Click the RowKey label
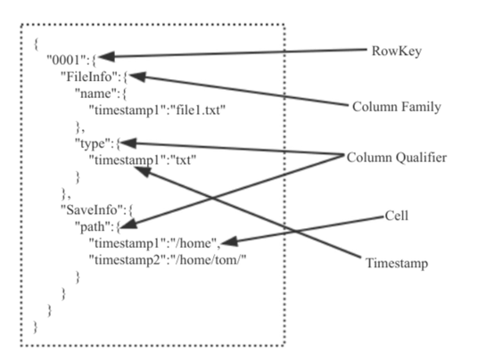(x=396, y=52)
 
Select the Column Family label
(x=397, y=107)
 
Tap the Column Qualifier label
(x=397, y=158)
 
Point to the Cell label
(x=397, y=216)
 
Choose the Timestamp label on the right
(x=397, y=263)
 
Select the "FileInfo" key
(x=87, y=77)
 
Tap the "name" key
(x=94, y=94)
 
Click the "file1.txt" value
(x=198, y=110)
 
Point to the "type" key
(x=92, y=143)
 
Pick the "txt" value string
(x=184, y=160)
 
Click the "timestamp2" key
(x=128, y=260)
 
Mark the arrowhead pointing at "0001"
(x=106, y=57)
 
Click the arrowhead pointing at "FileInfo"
(x=137, y=77)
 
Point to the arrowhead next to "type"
(x=128, y=143)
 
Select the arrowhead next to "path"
(x=129, y=224)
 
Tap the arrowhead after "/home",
(x=230, y=241)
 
